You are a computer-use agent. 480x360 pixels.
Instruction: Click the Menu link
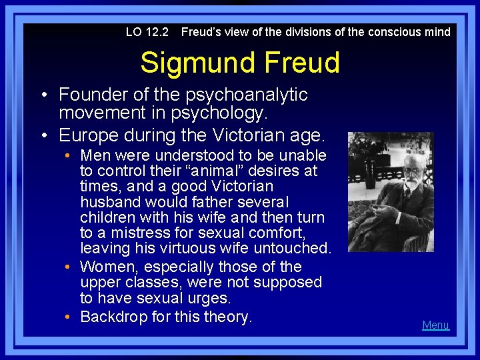pyautogui.click(x=435, y=325)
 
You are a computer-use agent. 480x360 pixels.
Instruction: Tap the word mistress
pyautogui.click(x=126, y=233)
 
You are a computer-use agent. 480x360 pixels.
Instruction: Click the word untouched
pyautogui.click(x=295, y=248)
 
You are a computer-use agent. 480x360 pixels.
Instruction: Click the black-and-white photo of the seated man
pyautogui.click(x=391, y=192)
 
